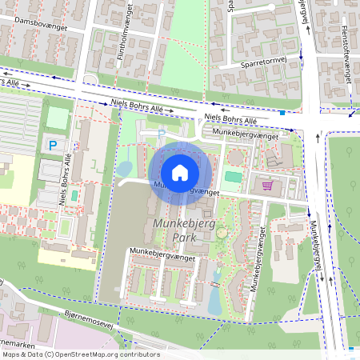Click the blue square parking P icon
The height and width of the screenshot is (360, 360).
tap(52, 145)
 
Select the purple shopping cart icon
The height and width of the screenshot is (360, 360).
tap(267, 186)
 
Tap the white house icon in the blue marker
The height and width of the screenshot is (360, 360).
tap(180, 173)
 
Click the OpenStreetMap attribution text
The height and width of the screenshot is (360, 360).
tap(81, 354)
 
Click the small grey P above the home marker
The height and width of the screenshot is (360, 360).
tap(161, 133)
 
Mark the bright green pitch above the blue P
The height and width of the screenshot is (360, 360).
tap(58, 118)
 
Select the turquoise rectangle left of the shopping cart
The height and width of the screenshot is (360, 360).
tap(232, 176)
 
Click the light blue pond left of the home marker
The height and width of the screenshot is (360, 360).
tap(125, 169)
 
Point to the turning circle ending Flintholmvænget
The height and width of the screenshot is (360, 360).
tap(90, 79)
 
